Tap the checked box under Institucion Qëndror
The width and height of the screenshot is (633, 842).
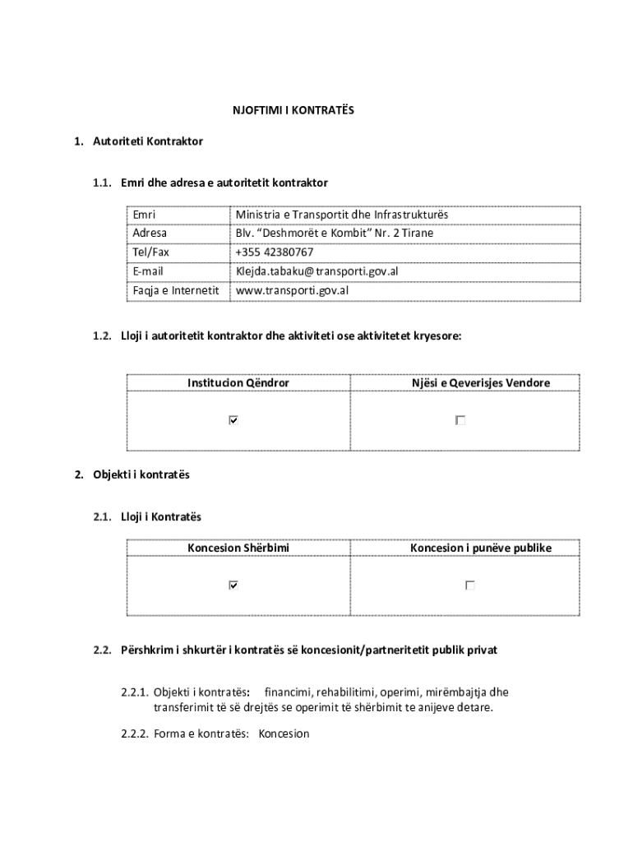pos(233,420)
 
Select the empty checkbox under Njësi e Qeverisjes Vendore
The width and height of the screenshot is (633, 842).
pos(460,420)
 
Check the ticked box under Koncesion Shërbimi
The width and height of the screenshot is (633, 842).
pos(233,585)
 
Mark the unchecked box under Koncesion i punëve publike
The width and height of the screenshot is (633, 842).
pos(469,585)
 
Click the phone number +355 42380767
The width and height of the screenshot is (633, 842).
pos(274,252)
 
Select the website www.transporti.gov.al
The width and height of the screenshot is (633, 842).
pos(292,290)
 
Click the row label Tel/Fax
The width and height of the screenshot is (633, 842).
pos(151,252)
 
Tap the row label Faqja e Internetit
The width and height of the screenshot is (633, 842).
pos(176,290)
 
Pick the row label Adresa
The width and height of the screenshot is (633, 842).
pos(150,234)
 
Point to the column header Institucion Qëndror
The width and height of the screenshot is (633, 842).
pos(238,383)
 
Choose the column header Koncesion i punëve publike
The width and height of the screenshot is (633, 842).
pos(481,548)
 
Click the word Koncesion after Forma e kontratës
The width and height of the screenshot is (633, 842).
pos(284,733)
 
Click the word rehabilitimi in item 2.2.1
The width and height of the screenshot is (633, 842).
pos(345,692)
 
